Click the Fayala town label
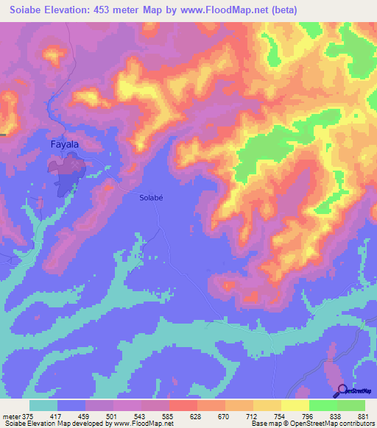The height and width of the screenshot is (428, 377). click(64, 145)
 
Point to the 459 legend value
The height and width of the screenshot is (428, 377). click(85, 415)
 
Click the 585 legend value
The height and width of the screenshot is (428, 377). click(168, 415)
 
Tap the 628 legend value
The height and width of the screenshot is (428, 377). click(196, 415)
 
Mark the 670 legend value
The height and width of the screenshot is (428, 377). click(223, 415)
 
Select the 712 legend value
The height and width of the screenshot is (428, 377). click(251, 415)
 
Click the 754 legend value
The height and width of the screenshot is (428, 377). click(279, 415)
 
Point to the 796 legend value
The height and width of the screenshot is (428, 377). click(307, 415)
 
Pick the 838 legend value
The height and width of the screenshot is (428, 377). click(335, 415)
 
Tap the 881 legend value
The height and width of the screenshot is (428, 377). click(362, 415)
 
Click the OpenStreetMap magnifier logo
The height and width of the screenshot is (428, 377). click(341, 390)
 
